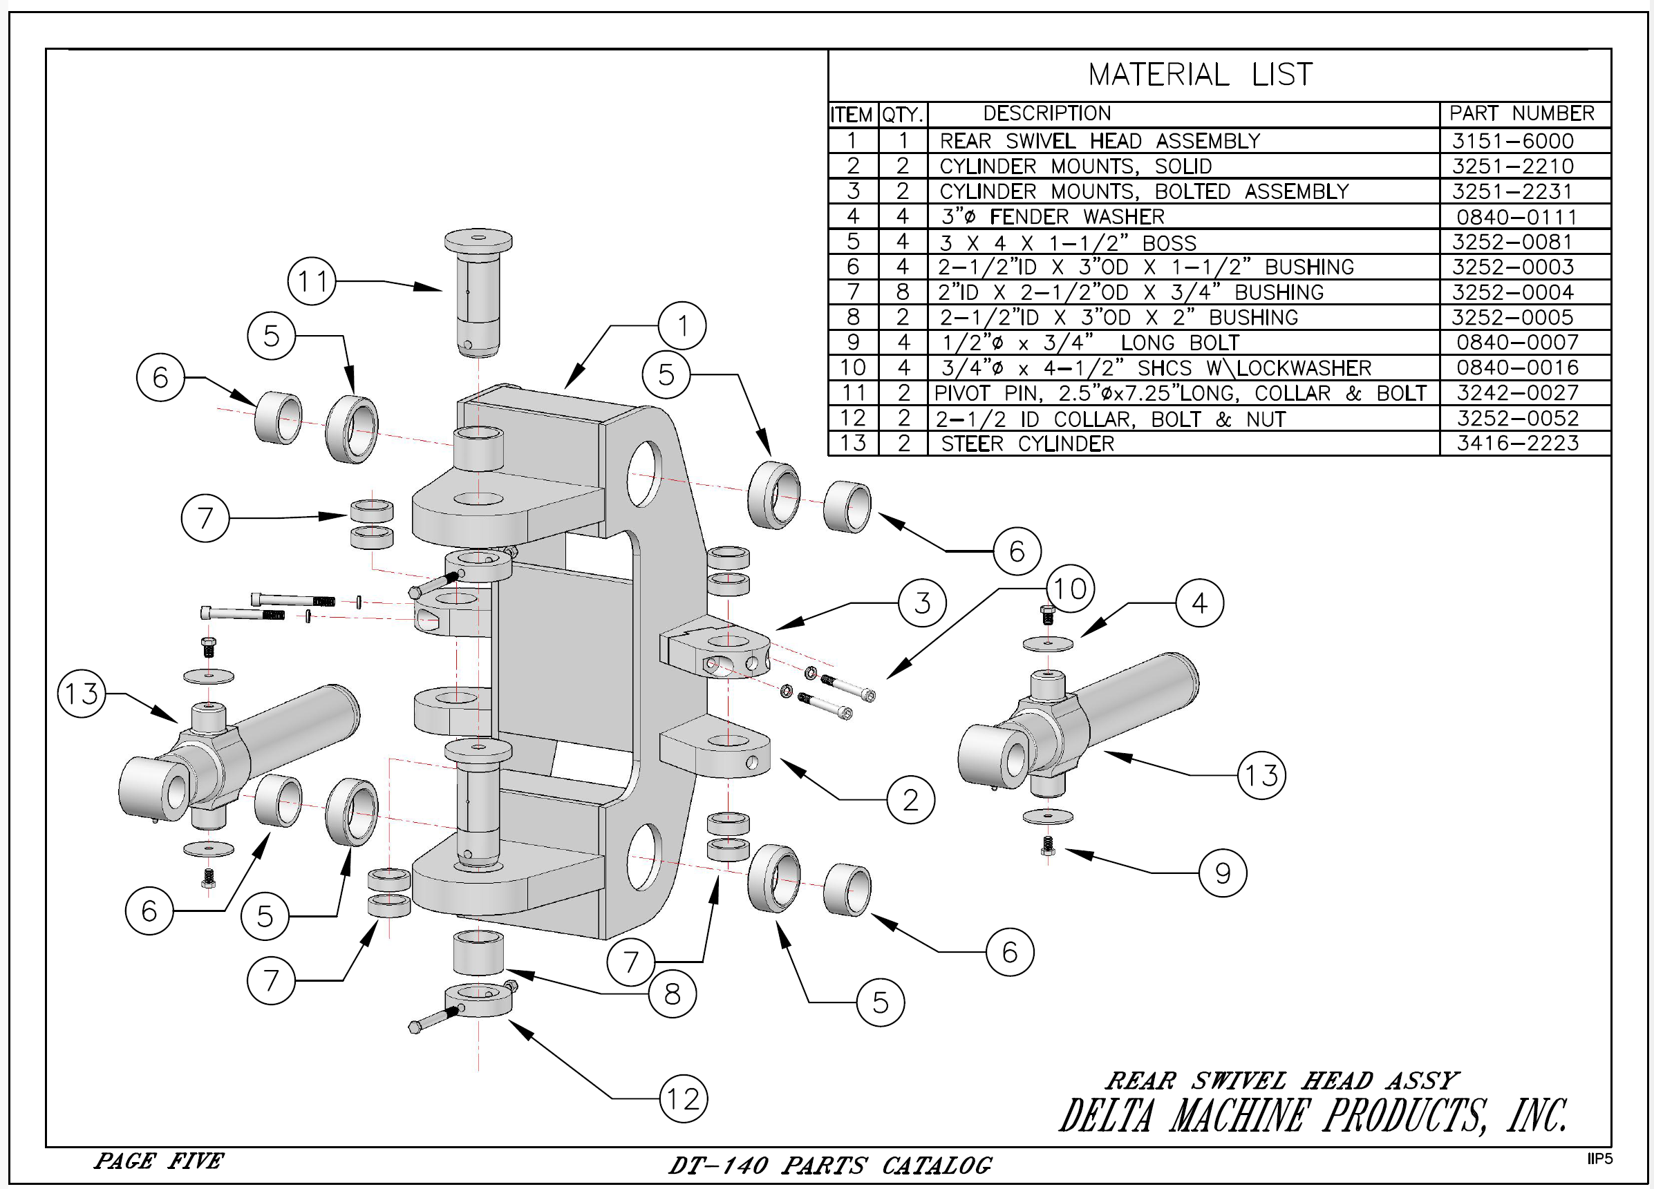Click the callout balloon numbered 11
click(312, 281)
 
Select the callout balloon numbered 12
click(684, 1098)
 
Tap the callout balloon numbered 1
click(682, 325)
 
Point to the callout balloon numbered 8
click(673, 993)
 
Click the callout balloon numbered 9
click(1223, 873)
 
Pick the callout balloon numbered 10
click(1070, 589)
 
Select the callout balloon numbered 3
click(923, 603)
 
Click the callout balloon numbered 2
click(911, 800)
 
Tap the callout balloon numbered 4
click(1200, 603)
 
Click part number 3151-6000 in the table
click(1512, 141)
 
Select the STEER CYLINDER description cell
click(1028, 444)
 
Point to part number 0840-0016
click(1517, 368)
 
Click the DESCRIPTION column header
click(1046, 114)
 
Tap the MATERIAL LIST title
click(1201, 75)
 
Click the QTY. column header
click(903, 115)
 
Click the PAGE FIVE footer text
click(159, 1160)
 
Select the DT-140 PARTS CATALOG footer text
click(830, 1165)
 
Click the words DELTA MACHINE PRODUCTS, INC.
click(1313, 1116)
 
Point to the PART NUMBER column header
click(1521, 114)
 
